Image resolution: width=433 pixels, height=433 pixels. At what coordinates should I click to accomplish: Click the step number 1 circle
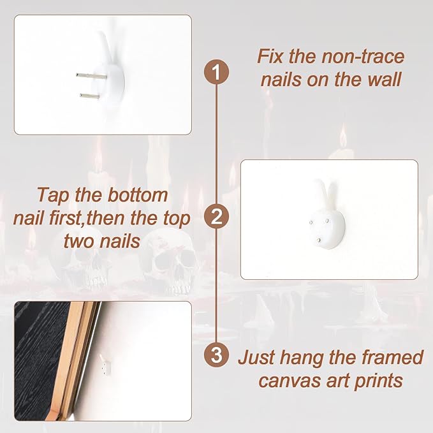tap(217, 73)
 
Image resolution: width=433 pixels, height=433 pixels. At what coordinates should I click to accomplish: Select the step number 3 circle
tap(217, 355)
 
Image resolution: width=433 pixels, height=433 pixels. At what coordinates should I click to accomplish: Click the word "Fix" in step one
tap(271, 56)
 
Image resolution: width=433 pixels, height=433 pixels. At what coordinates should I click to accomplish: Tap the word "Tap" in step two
tap(54, 196)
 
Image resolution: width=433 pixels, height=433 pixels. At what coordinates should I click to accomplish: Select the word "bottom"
tap(138, 195)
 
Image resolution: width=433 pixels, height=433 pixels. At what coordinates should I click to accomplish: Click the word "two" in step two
tap(79, 241)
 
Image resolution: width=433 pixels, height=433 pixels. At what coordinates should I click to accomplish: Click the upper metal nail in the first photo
tap(91, 75)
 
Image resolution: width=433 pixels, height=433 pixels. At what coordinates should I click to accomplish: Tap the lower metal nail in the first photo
tap(90, 96)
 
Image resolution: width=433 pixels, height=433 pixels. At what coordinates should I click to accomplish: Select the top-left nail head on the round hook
tap(311, 222)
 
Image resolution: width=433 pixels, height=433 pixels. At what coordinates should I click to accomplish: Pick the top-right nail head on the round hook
tap(328, 221)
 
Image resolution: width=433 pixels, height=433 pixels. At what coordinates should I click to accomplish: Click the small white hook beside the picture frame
tap(105, 365)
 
